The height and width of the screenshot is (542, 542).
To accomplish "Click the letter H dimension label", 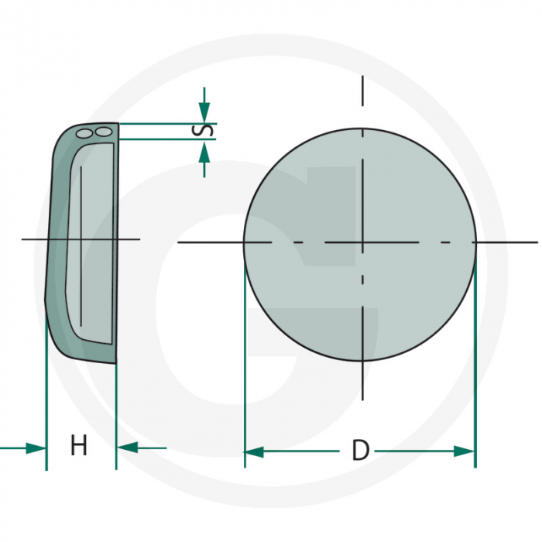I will coord(78,446).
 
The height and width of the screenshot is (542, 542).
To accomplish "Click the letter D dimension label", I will coord(360,451).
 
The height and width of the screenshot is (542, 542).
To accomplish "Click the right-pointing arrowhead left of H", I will coord(36,448).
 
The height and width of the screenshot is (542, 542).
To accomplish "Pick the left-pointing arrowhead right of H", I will coord(126,448).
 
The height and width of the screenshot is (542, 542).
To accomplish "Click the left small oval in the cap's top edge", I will coord(84,134).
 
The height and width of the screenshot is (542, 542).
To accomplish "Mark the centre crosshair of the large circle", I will coord(362,243).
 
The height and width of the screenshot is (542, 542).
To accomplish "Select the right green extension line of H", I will coord(116,410).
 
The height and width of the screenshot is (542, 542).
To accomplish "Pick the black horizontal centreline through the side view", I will coord(31,239).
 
